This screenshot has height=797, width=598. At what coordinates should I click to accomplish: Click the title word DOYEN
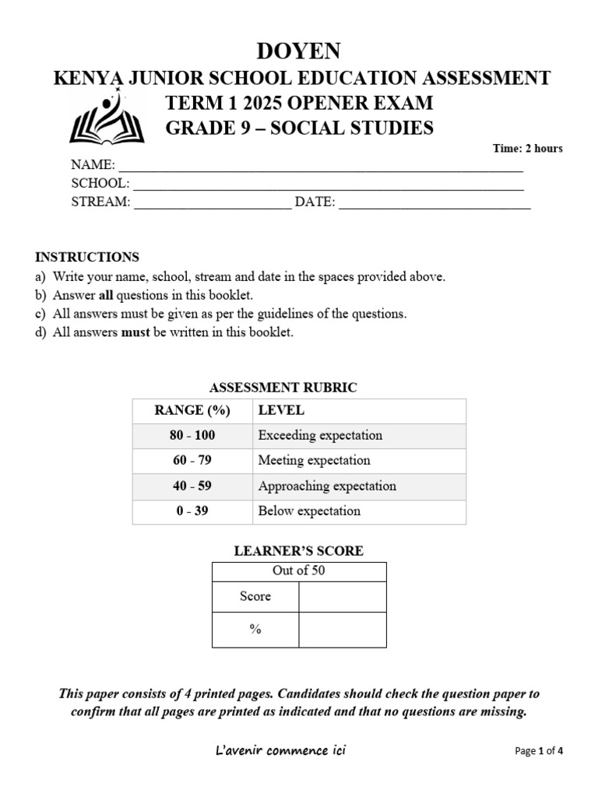click(x=299, y=51)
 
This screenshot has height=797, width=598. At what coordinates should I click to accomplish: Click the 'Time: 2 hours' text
click(x=527, y=149)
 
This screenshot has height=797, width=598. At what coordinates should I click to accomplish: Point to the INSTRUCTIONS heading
click(x=87, y=257)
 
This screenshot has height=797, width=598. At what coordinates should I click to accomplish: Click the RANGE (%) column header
click(x=192, y=410)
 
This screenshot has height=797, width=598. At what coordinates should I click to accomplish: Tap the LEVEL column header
click(x=281, y=410)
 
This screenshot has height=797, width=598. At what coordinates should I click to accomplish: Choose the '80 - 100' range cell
click(x=192, y=436)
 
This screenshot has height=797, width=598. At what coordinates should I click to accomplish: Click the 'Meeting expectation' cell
click(x=314, y=461)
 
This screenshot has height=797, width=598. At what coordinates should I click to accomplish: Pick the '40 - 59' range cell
click(x=192, y=486)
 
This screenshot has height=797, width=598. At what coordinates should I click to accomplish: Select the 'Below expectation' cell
click(x=309, y=511)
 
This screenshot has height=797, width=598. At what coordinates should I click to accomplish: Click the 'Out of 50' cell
click(x=299, y=571)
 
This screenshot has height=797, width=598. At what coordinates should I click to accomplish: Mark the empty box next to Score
click(x=342, y=597)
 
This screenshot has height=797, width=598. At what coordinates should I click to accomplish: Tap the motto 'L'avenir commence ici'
click(x=280, y=751)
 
